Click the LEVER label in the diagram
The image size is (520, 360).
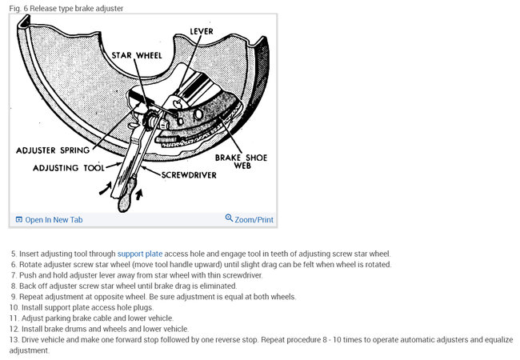201,31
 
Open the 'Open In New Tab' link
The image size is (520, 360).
54,219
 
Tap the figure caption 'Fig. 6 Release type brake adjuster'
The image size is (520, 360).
66,8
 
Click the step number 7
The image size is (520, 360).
13,275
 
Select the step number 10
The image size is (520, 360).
13,307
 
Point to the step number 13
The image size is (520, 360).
13,339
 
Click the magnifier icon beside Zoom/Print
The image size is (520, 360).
229,218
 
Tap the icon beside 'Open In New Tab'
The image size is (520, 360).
19,219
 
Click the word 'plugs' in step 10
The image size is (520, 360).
155,307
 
